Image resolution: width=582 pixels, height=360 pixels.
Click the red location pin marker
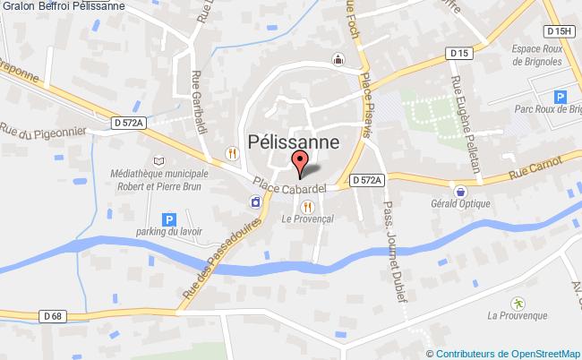tap(302, 162)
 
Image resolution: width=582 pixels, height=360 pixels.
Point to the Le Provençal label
tap(307, 219)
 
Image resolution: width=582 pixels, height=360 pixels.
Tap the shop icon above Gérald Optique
tap(460, 191)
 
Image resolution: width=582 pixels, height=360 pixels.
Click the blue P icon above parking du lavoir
tap(167, 219)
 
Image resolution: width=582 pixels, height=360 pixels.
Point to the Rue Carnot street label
tap(535, 167)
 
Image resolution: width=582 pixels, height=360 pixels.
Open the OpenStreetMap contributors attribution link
tap(509, 353)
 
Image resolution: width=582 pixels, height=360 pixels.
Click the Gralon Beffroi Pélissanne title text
tap(63, 6)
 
